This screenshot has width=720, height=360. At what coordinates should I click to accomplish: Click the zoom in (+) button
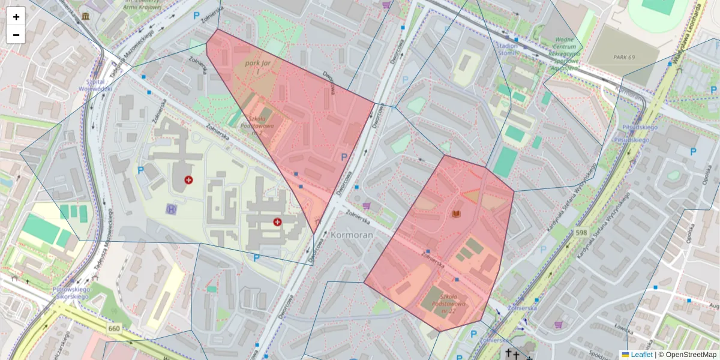tap(16, 17)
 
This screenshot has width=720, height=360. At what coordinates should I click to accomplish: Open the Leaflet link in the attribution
tap(641, 355)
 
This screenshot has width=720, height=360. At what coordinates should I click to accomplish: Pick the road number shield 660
tap(114, 329)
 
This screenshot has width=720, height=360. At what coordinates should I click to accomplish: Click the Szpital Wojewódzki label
tap(95, 85)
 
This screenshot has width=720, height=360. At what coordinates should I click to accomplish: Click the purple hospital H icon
tap(172, 208)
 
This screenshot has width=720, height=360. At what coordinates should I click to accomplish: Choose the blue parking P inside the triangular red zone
tap(344, 157)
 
